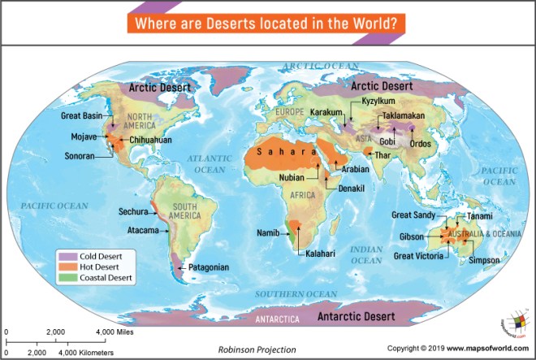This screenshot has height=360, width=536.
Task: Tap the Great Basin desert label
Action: (x=80, y=115)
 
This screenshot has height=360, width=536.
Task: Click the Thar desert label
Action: (x=383, y=154)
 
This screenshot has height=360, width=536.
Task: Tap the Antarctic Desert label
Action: (x=357, y=314)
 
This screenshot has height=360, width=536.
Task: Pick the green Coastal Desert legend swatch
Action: (x=66, y=278)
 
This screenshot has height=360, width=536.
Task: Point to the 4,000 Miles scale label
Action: (x=116, y=332)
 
